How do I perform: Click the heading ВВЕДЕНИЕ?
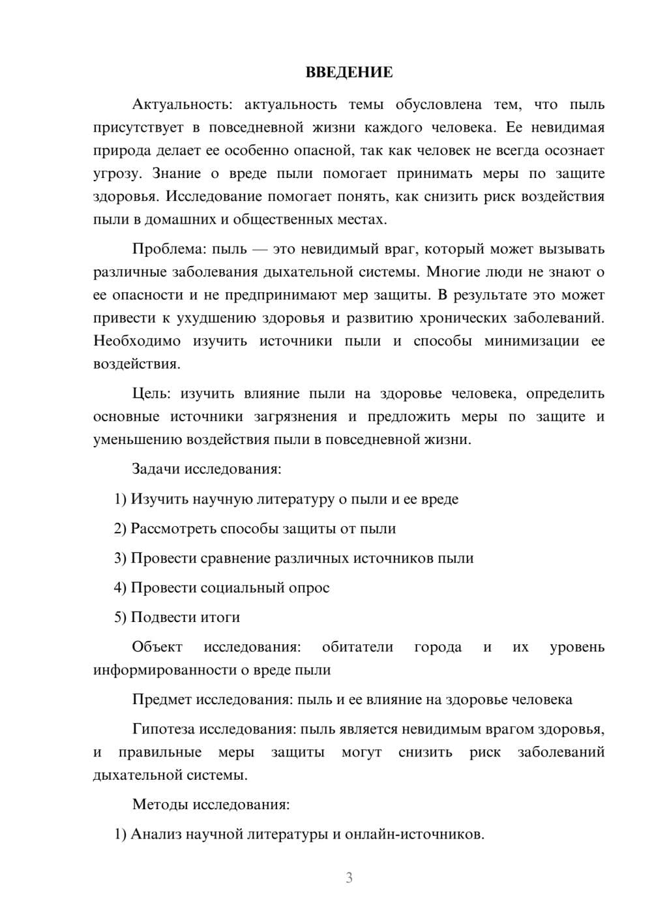click(x=349, y=72)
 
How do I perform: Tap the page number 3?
click(x=349, y=878)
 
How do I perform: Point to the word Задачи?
click(x=156, y=469)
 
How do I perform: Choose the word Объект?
click(x=157, y=647)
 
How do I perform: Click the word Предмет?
click(x=162, y=700)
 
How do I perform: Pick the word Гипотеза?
click(x=164, y=729)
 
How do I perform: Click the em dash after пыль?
click(x=260, y=249)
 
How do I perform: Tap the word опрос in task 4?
click(x=309, y=587)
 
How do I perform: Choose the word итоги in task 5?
click(x=220, y=617)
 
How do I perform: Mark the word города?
click(x=437, y=647)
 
